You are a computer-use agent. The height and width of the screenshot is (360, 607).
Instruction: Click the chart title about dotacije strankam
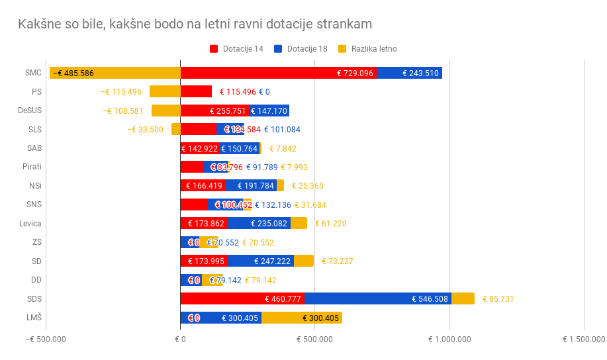[195, 24]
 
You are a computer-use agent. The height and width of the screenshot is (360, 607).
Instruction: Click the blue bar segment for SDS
[377, 298]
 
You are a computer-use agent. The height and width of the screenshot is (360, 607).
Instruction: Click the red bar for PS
[196, 91]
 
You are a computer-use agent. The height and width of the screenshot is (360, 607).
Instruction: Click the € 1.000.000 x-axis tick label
[449, 339]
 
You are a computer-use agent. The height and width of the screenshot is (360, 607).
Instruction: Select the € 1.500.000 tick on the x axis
[583, 339]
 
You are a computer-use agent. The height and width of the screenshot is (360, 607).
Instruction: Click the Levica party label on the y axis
[30, 223]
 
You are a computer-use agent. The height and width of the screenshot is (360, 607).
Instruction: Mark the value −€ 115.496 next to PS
[121, 92]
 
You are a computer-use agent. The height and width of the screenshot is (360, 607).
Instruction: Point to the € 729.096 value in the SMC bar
[355, 73]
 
